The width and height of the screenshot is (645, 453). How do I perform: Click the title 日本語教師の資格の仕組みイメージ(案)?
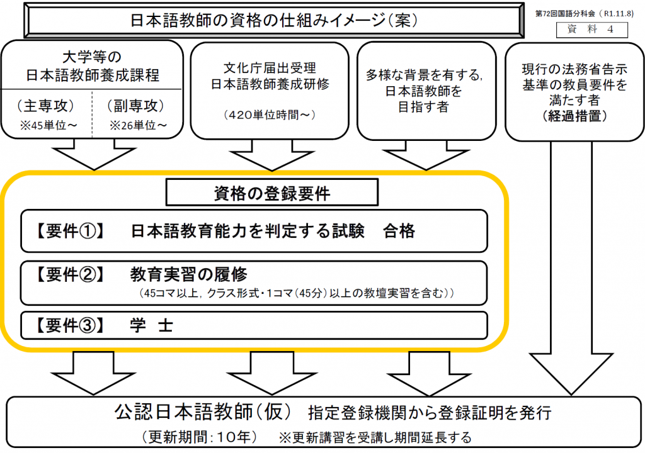click(273, 20)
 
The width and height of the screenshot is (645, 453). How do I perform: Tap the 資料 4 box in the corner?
click(583, 29)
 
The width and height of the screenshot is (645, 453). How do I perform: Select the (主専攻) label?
click(47, 104)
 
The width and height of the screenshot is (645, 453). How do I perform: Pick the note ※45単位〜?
click(48, 125)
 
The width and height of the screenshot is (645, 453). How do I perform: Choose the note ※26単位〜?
click(139, 125)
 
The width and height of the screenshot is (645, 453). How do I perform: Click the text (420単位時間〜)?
click(270, 115)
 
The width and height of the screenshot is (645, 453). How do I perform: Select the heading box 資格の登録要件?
click(271, 193)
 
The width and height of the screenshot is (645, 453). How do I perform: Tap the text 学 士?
click(152, 325)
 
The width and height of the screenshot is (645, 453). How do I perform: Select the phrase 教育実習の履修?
click(189, 275)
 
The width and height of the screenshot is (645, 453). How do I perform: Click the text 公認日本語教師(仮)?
click(203, 413)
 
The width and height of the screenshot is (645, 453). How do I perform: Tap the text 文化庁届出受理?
click(270, 68)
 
